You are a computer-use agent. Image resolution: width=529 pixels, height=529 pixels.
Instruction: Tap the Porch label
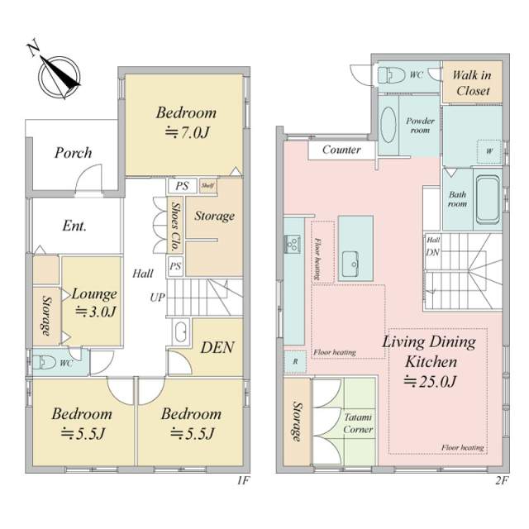pos(74,153)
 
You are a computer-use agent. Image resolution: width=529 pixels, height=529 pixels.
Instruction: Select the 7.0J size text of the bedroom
pos(188,132)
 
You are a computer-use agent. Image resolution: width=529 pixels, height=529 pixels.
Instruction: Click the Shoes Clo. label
pos(174,226)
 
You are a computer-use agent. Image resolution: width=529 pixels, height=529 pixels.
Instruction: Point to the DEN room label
pos(217,348)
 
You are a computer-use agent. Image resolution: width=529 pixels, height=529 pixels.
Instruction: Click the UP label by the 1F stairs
pos(158,298)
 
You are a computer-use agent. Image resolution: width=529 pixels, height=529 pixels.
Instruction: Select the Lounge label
pos(94,294)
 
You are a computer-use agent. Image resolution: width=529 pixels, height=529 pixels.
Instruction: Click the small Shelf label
pos(207,185)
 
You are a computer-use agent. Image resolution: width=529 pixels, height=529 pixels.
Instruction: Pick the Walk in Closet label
pos(472,83)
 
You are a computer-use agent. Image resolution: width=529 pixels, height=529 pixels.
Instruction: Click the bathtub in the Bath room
pos(488,200)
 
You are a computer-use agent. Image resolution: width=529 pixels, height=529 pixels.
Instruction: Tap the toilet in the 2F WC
pos(391,75)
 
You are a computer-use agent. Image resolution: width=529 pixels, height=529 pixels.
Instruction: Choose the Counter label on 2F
pos(341,150)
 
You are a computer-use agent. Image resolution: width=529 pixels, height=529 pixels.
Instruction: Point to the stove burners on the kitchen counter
pos(292,243)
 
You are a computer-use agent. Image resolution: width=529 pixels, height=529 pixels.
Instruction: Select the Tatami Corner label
pos(358,423)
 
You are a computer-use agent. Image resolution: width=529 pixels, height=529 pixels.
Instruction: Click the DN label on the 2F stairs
pos(432,252)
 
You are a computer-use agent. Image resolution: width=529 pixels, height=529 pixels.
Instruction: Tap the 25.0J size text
pos(430,382)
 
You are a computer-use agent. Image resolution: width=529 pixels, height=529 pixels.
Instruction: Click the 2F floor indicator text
pos(502,480)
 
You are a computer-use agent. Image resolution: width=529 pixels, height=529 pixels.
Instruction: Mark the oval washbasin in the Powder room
pos(388,125)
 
